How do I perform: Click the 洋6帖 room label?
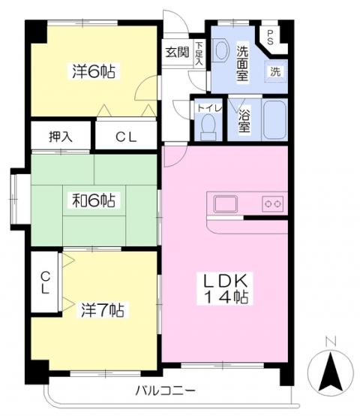(x=94, y=71)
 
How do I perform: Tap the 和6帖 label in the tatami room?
(x=94, y=200)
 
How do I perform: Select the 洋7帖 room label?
(x=103, y=309)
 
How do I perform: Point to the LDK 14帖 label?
(x=225, y=288)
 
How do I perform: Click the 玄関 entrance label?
(x=177, y=53)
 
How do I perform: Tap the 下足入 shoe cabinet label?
(x=199, y=53)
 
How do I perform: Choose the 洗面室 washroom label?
(x=242, y=64)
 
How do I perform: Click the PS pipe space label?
(x=270, y=38)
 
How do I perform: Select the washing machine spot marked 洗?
(x=275, y=71)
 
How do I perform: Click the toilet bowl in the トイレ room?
(x=208, y=127)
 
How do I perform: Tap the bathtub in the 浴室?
(x=275, y=119)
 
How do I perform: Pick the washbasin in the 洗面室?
(x=221, y=50)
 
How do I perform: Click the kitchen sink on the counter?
(x=226, y=204)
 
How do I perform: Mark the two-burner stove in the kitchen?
(x=272, y=203)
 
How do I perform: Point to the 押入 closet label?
(x=61, y=137)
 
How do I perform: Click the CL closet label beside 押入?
(x=126, y=137)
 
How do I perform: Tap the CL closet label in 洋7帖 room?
(x=46, y=282)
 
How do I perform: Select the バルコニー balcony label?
(x=166, y=390)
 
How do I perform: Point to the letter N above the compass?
(x=331, y=341)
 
